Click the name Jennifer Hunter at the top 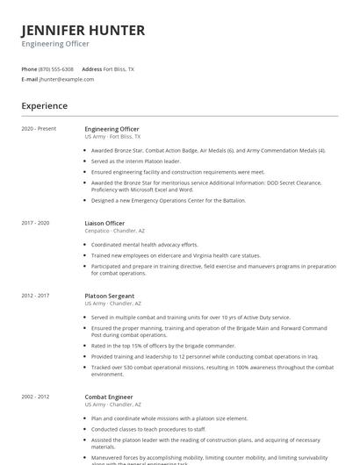[x=83, y=31]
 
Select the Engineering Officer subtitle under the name [x=54, y=44]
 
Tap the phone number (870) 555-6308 [x=57, y=68]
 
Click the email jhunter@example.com [x=67, y=79]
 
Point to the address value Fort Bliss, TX [x=119, y=68]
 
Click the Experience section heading [x=45, y=106]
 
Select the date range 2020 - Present [x=39, y=129]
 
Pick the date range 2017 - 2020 [x=36, y=223]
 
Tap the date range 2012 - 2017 [x=36, y=296]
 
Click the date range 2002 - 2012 [x=36, y=397]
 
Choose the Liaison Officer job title [x=104, y=223]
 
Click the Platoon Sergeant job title [x=110, y=296]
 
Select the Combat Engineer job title [x=109, y=397]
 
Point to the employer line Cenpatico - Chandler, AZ [x=122, y=231]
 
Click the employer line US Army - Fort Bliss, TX [x=112, y=137]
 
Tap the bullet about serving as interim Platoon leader [x=136, y=161]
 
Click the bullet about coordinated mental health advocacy [x=145, y=245]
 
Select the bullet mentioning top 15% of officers [x=154, y=345]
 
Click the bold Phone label [x=29, y=68]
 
